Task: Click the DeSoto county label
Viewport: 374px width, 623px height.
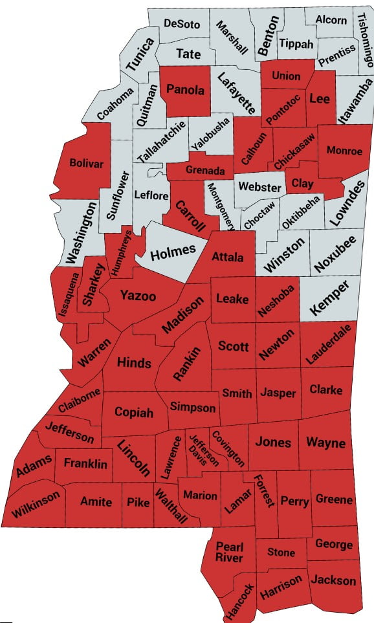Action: tap(182, 24)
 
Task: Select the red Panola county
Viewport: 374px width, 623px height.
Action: tap(186, 90)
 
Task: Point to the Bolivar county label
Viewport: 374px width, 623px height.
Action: tap(86, 164)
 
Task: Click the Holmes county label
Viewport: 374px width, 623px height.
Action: tap(173, 253)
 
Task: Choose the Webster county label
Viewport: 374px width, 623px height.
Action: tap(259, 188)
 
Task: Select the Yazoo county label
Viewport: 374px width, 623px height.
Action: tap(138, 296)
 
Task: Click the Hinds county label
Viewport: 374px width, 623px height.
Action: tap(134, 363)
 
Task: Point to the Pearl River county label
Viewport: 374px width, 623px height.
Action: tap(229, 552)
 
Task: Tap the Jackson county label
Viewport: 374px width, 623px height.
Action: tap(333, 580)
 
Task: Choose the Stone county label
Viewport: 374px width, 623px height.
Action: tap(281, 552)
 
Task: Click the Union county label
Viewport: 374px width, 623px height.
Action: tap(286, 76)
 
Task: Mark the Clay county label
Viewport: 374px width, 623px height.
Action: tap(302, 184)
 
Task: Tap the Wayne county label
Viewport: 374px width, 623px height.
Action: tap(325, 443)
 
